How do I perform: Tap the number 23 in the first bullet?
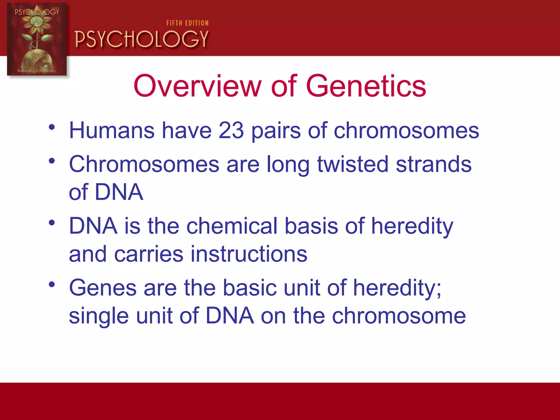tap(231, 130)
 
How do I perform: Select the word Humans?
tap(112, 130)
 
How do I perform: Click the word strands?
tap(434, 164)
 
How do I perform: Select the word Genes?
tap(103, 288)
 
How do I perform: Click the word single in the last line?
tap(99, 316)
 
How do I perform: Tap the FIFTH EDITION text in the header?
tap(188, 23)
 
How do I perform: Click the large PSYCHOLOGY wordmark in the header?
tap(142, 39)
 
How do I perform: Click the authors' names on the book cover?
tap(37, 71)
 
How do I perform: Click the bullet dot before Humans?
tap(52, 127)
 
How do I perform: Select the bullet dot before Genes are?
tap(52, 285)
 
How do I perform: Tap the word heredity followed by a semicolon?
tap(397, 288)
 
